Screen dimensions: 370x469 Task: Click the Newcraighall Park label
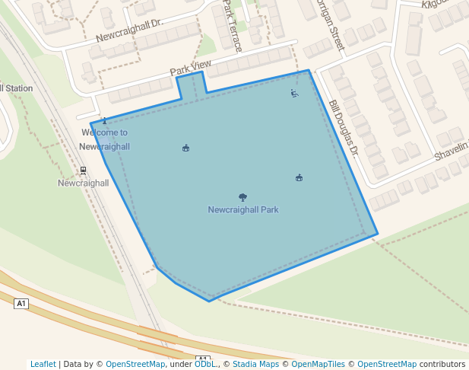[x=243, y=209]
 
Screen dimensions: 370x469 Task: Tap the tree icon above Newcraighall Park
[x=242, y=198]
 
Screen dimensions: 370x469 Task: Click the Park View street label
[x=190, y=69]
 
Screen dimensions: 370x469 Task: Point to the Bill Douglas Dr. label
[x=343, y=129]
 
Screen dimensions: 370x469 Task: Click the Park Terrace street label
[x=233, y=26]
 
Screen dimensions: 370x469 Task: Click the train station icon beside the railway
[x=83, y=171]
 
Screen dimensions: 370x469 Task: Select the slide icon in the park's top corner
[x=294, y=94]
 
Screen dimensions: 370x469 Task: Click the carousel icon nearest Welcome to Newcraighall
[x=186, y=148]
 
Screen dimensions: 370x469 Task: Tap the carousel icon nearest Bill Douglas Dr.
[x=299, y=178]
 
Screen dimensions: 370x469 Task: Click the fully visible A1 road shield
[x=21, y=304]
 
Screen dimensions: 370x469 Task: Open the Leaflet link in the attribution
[x=43, y=364]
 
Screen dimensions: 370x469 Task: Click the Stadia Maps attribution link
[x=255, y=364]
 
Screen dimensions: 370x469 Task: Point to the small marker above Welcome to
[x=105, y=121]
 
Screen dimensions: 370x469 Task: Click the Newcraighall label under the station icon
[x=84, y=183]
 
